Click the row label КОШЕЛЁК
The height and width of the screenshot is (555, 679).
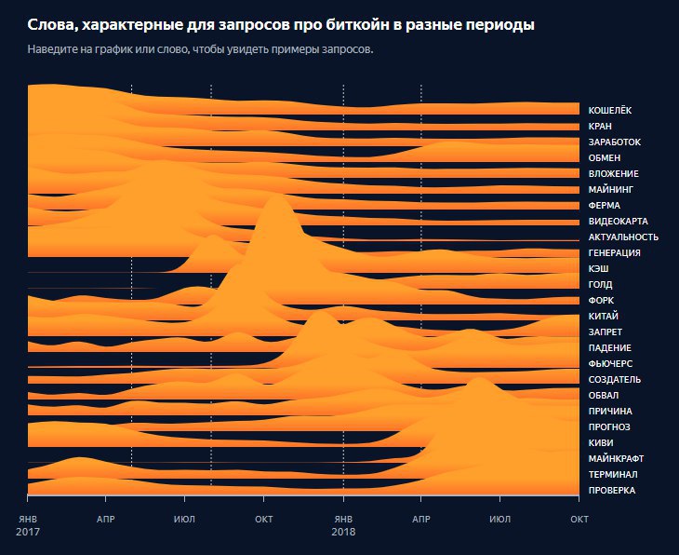pyautogui.click(x=609, y=110)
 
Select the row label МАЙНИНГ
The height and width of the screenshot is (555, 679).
pyautogui.click(x=611, y=189)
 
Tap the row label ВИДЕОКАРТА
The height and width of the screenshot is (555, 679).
pyautogui.click(x=618, y=221)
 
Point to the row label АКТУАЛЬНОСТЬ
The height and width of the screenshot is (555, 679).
pyautogui.click(x=623, y=237)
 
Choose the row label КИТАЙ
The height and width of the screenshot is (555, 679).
pyautogui.click(x=605, y=316)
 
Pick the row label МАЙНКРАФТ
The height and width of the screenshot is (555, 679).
pyautogui.click(x=617, y=458)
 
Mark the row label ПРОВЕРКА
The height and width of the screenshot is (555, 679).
pyautogui.click(x=612, y=490)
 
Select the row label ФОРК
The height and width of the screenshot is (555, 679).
pyautogui.click(x=602, y=300)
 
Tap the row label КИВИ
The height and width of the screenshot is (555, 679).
pyautogui.click(x=602, y=442)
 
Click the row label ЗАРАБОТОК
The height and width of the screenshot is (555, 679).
pyautogui.click(x=614, y=142)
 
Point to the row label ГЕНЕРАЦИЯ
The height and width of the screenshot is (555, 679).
pyautogui.click(x=615, y=252)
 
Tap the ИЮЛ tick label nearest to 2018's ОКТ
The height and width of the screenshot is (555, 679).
pyautogui.click(x=500, y=518)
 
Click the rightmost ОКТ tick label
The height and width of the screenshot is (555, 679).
pyautogui.click(x=579, y=518)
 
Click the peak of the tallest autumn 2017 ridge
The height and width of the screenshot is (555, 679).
pyautogui.click(x=277, y=196)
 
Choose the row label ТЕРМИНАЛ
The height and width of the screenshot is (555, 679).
pyautogui.click(x=612, y=474)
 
